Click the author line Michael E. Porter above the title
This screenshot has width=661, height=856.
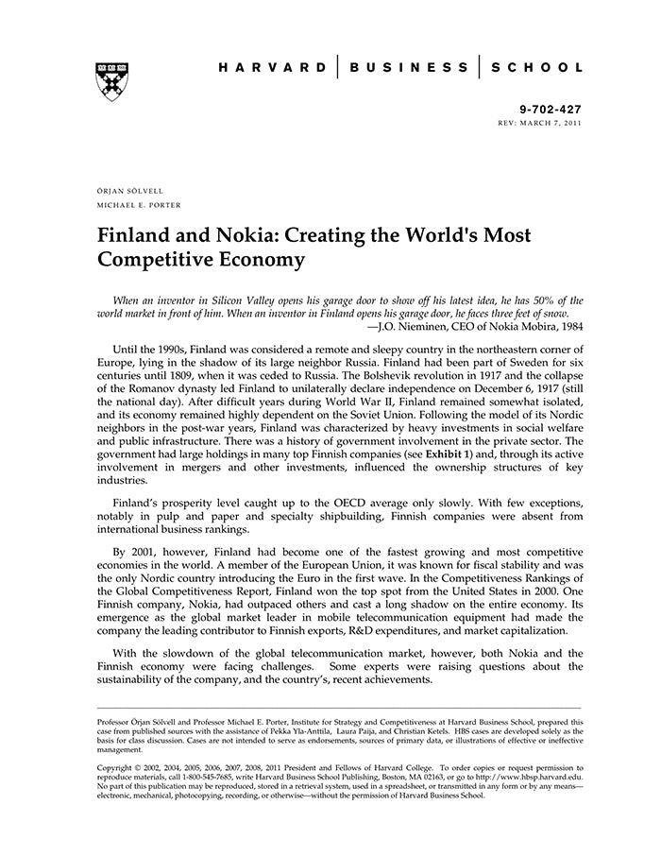(x=140, y=204)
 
